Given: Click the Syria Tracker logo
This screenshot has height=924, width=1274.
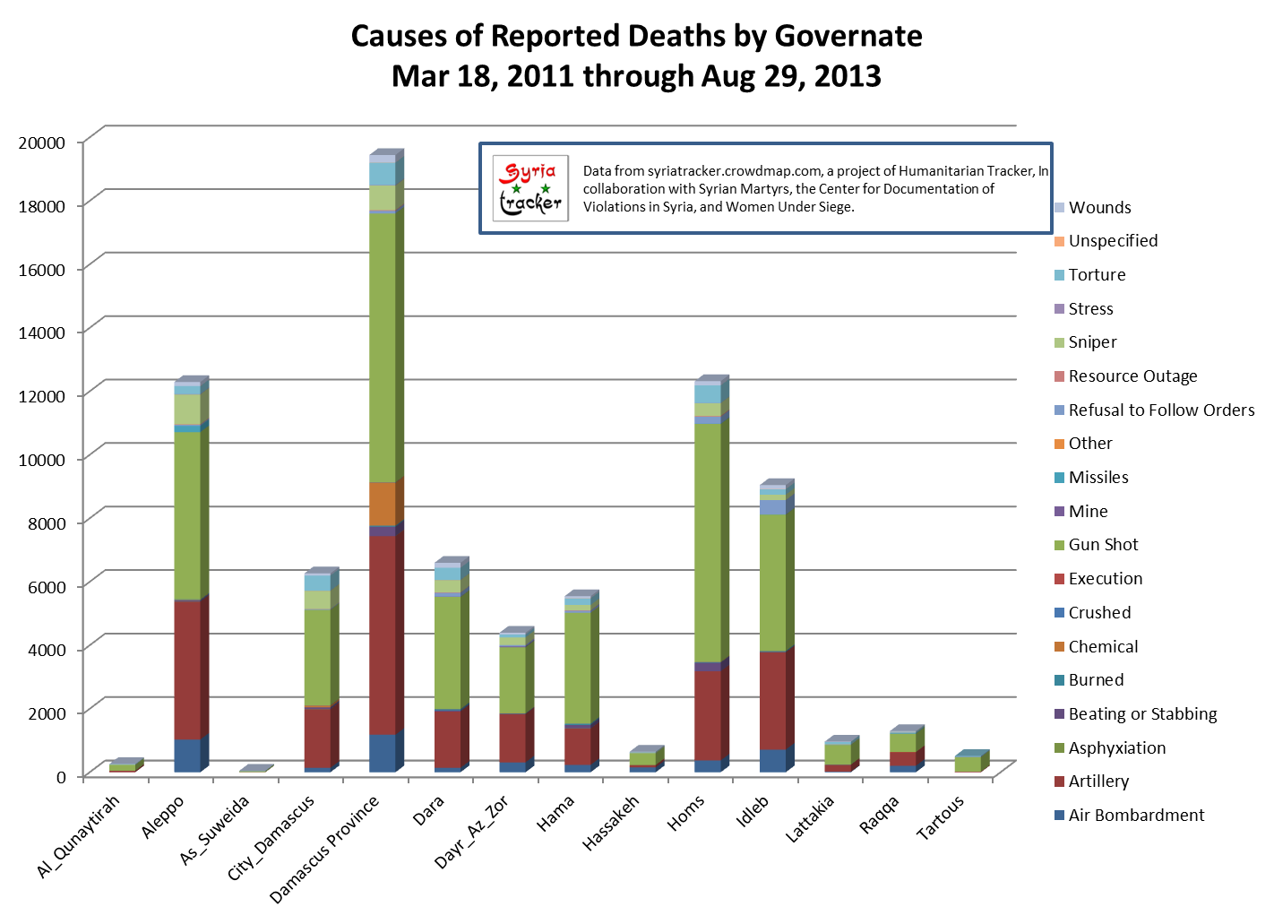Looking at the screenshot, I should click(530, 188).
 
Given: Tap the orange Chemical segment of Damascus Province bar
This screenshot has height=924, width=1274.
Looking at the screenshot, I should click(382, 504).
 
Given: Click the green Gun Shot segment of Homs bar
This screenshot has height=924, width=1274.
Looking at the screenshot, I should click(707, 542).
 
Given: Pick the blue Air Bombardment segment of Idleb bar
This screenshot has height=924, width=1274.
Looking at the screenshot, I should click(772, 760).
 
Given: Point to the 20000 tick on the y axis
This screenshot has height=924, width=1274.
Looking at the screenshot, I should click(42, 142).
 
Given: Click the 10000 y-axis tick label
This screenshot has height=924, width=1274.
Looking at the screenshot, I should click(42, 460).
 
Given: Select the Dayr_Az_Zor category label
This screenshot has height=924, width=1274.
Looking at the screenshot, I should click(471, 832).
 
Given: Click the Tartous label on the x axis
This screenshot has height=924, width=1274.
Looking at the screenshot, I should click(941, 817).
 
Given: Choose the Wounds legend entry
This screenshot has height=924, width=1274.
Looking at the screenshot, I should click(1099, 208).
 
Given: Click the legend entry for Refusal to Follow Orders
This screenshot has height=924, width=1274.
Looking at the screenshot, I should click(1161, 410).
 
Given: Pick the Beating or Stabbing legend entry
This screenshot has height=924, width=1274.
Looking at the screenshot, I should click(1142, 714).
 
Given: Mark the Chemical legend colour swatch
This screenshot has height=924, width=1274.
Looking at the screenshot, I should click(1060, 647).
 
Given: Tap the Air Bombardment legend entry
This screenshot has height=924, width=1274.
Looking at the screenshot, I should click(1136, 816).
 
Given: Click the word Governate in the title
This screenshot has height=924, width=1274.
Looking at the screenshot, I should click(848, 36).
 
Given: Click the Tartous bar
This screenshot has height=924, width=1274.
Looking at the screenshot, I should click(968, 763).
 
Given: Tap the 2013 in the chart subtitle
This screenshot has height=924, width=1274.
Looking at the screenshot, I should click(848, 76).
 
